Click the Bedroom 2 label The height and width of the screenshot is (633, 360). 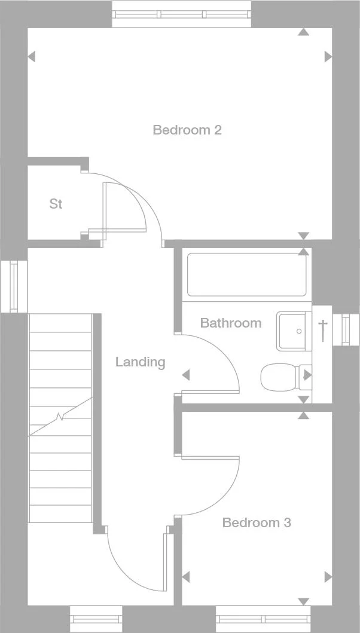[187, 130]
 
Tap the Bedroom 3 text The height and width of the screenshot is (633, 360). [257, 523]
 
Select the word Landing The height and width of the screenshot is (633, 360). [140, 362]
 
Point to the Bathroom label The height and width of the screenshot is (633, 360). [230, 323]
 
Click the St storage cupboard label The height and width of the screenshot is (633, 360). [56, 204]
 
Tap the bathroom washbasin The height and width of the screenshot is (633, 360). [293, 331]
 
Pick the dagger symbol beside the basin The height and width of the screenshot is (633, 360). [323, 329]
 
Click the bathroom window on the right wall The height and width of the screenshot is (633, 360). [346, 330]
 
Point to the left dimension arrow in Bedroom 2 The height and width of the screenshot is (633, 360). [32, 57]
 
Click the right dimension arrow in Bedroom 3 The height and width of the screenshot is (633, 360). [328, 577]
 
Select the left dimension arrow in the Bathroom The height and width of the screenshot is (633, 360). [185, 375]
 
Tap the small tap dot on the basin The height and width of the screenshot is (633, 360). [299, 331]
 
